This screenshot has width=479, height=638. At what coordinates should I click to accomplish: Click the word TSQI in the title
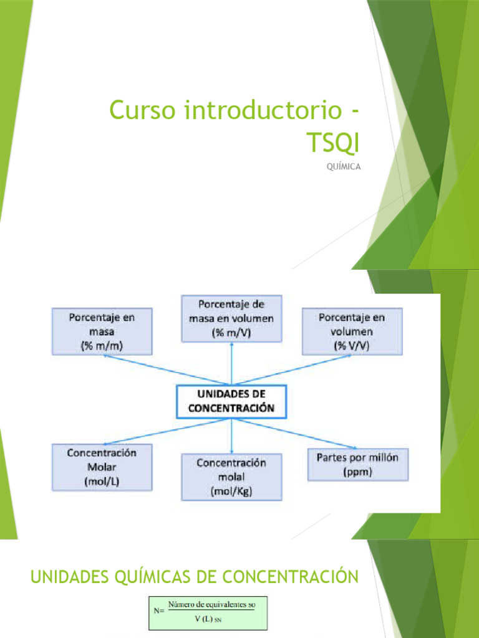coord(333,142)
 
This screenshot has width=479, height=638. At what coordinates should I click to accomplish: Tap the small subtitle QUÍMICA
coord(344,166)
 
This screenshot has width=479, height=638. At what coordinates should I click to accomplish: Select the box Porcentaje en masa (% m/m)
coord(102,331)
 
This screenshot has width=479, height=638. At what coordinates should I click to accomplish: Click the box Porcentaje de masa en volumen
coord(231,318)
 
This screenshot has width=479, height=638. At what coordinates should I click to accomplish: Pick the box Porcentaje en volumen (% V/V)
coord(352,331)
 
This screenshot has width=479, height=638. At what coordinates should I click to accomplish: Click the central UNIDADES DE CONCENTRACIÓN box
coord(231,402)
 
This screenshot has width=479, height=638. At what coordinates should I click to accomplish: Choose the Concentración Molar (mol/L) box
coord(102,467)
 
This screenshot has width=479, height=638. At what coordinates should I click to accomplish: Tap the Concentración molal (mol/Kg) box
coord(231,477)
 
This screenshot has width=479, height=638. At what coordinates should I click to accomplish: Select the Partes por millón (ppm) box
coord(357,465)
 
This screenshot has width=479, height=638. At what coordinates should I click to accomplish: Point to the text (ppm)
coord(357,472)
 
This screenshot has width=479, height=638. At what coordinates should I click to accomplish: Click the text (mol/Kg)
coord(231,491)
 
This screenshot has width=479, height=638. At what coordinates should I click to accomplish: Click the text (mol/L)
coord(102,481)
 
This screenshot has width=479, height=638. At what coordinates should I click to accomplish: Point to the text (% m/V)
coord(231,332)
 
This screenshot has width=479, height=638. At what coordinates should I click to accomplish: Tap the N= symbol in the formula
coord(158,611)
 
